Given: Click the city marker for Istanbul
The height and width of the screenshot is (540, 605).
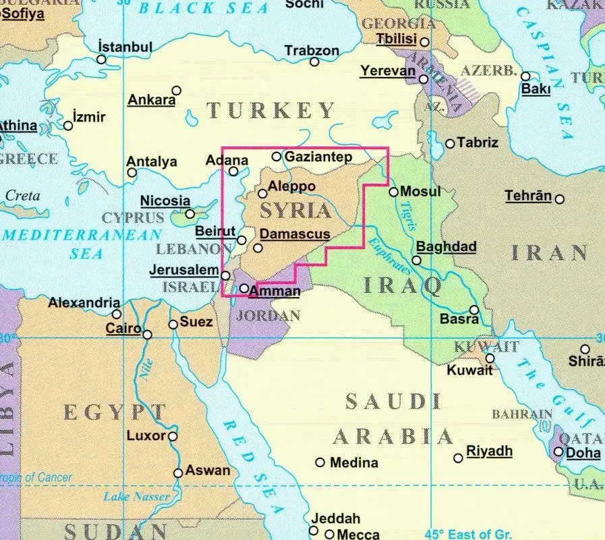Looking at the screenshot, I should coord(101,59).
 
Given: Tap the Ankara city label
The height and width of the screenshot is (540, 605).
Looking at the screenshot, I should coord(151,100).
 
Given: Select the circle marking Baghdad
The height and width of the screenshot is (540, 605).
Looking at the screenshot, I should coord(417,260).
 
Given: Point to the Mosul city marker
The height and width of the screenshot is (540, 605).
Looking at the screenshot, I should coord(394,192).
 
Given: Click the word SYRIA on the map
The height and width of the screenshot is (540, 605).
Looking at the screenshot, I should coord(295,211).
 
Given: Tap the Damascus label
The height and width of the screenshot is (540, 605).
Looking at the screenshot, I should coord(295,234).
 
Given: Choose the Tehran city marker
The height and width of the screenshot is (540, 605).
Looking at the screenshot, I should coord(559,198).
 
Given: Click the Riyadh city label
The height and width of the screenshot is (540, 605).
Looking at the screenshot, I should coord(490,451).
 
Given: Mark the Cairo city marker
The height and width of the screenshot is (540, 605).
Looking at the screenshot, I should coord(147,334).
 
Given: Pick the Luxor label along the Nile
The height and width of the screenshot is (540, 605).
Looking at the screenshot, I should coord(146,435).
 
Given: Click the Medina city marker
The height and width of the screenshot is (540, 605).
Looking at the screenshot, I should coord(320,462).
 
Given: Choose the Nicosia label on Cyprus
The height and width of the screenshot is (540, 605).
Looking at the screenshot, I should coord(165,200).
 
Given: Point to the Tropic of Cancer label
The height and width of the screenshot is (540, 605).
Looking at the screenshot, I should coord(35,478).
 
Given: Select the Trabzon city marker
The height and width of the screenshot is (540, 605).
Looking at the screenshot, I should coord(314,62).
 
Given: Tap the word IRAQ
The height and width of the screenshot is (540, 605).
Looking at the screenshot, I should coord(402,286).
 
